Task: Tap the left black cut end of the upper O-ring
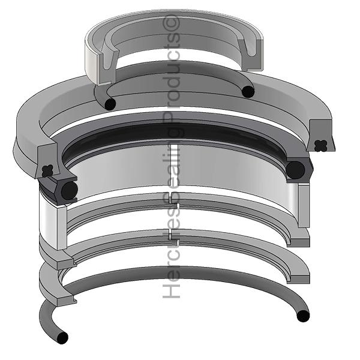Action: [109, 103]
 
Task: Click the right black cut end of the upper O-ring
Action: [247, 91]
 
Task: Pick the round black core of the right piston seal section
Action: [295, 170]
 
